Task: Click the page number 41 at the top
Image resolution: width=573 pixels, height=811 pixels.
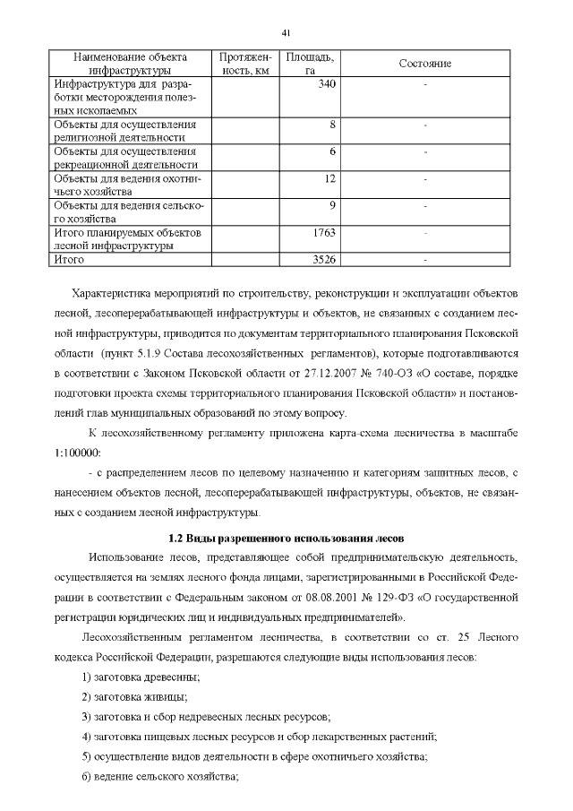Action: coord(286,33)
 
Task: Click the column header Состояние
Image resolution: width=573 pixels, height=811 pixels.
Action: coord(424,64)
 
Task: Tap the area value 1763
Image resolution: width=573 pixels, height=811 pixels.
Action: coord(323,232)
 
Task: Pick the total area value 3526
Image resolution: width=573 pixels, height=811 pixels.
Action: coord(323,260)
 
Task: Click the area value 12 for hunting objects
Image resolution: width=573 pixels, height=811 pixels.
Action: coord(329,178)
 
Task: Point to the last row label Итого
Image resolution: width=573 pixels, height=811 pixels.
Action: coord(69,260)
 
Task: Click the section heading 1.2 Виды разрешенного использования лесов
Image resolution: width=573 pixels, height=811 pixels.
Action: coord(286,539)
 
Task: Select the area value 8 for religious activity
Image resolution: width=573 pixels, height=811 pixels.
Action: coord(332,125)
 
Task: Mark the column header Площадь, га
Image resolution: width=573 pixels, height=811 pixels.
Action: coord(311,64)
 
